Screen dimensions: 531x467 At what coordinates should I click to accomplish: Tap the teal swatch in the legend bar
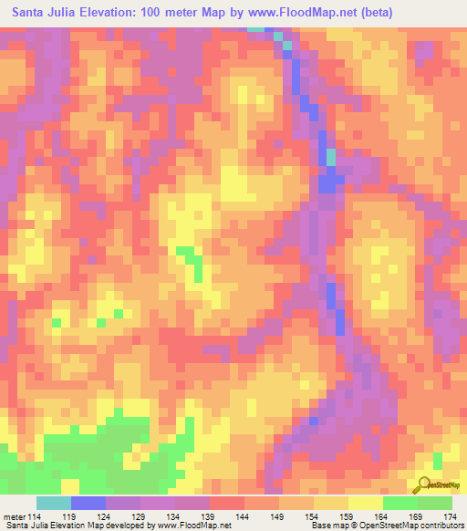[x=54, y=503]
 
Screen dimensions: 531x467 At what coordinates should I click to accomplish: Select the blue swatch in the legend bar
[x=88, y=503]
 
